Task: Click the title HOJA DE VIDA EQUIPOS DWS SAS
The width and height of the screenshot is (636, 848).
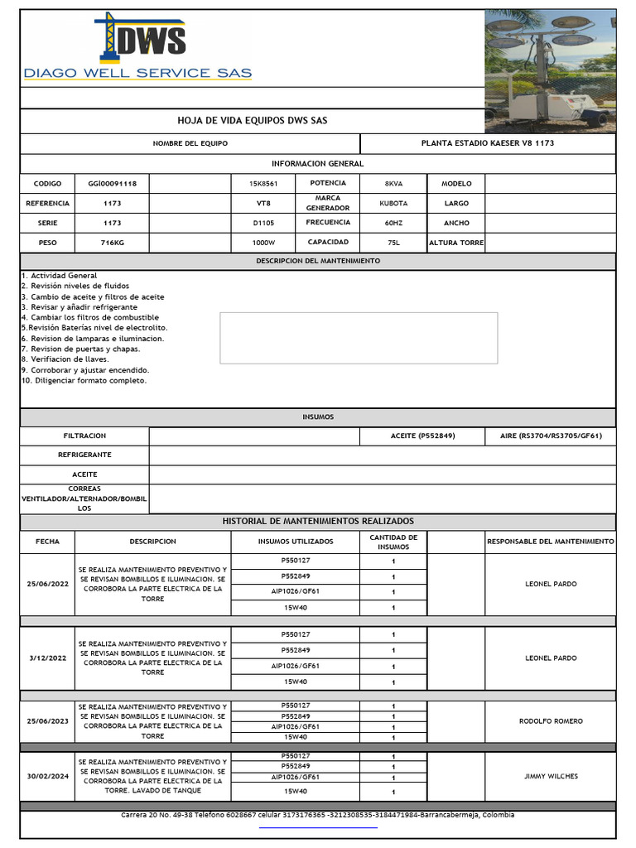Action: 253,121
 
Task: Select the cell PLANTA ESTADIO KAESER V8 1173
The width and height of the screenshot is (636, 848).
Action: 488,144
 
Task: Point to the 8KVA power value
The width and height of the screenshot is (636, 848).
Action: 393,184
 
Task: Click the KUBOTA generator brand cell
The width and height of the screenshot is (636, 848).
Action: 393,203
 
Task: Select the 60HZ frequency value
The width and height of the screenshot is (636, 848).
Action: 393,224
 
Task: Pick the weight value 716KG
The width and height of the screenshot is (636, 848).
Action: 112,243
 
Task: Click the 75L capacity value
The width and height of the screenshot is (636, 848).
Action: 393,243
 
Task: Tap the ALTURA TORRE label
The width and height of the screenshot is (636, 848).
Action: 455,243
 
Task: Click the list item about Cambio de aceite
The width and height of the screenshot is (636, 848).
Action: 93,296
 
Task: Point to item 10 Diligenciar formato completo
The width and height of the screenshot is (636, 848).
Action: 84,381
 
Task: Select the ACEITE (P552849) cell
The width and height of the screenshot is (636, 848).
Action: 422,436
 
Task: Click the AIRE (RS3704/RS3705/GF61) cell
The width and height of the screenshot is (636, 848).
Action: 551,436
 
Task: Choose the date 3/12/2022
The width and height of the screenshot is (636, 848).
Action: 47,658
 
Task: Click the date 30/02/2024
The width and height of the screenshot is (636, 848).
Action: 47,777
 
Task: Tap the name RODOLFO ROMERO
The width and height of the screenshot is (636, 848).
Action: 551,721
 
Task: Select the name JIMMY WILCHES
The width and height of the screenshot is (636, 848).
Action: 551,777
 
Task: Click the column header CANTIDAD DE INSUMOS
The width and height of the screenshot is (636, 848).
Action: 393,542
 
